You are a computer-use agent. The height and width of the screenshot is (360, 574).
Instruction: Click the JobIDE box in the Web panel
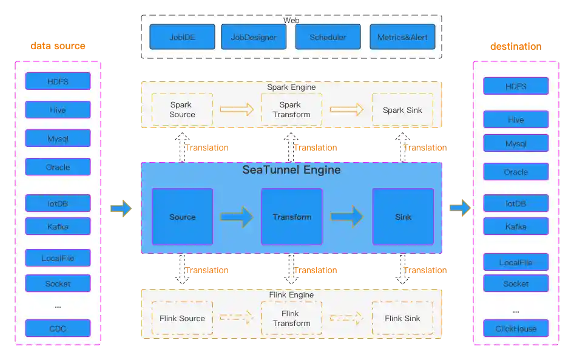point(182,37)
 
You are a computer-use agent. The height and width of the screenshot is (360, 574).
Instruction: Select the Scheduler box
point(328,37)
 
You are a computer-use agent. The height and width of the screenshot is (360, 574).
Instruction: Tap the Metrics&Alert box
point(402,37)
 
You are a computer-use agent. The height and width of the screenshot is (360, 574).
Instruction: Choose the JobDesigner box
point(253,37)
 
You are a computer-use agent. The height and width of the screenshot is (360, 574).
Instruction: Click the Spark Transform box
point(291,110)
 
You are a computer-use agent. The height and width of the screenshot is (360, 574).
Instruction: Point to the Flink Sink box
point(402,318)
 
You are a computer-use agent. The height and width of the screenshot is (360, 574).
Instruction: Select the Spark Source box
point(182,110)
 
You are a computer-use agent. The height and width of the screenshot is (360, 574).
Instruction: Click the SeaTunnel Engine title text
point(291,170)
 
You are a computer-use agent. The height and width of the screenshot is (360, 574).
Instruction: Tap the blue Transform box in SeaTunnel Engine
point(291,217)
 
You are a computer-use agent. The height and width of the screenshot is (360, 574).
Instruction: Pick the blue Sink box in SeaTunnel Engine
point(403,217)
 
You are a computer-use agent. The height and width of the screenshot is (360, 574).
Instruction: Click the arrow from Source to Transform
point(237,217)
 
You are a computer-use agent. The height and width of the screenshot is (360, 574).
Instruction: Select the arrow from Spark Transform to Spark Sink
point(346,110)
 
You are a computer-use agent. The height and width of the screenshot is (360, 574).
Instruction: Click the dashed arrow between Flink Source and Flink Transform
point(236,318)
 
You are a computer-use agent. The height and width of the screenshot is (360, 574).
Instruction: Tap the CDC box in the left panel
point(58,328)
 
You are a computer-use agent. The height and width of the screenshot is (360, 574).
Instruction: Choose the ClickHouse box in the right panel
point(516,328)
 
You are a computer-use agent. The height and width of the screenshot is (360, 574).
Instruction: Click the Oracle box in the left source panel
point(58,167)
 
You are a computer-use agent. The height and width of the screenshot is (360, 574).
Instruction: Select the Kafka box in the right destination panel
point(516,226)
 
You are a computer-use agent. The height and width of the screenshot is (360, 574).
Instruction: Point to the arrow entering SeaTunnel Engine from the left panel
point(120,209)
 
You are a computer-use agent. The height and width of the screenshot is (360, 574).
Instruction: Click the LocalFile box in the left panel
point(58,258)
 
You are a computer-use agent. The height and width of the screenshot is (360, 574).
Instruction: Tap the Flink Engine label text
point(291,295)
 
